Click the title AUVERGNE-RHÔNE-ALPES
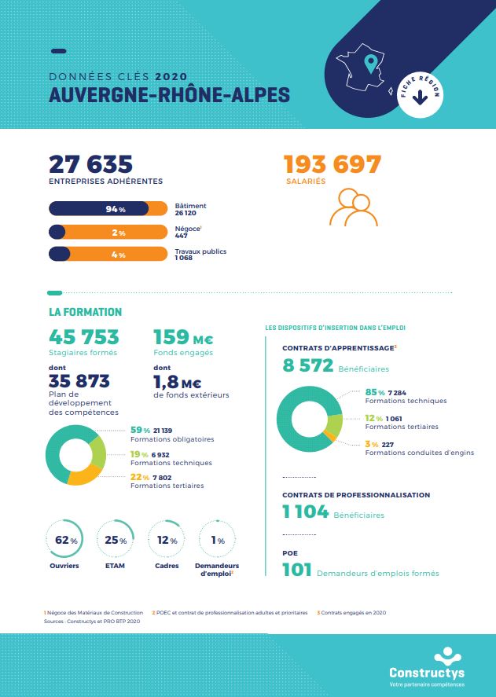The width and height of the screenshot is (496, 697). (169, 95)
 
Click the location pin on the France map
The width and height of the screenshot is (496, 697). (369, 63)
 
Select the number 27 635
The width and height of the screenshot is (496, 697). (90, 164)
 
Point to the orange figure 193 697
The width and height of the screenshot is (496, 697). (333, 164)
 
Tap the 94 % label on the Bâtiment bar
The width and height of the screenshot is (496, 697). (116, 209)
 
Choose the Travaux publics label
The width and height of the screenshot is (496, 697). (200, 251)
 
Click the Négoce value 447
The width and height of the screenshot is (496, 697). (181, 235)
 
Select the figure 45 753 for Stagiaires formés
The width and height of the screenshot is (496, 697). (84, 337)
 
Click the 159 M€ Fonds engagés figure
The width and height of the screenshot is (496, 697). (182, 337)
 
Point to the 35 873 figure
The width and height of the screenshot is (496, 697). (79, 381)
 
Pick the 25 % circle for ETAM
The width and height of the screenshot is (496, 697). (116, 541)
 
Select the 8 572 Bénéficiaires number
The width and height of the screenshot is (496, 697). (308, 365)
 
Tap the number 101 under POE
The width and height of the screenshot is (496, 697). (297, 570)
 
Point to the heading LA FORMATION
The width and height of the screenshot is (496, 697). (85, 312)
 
